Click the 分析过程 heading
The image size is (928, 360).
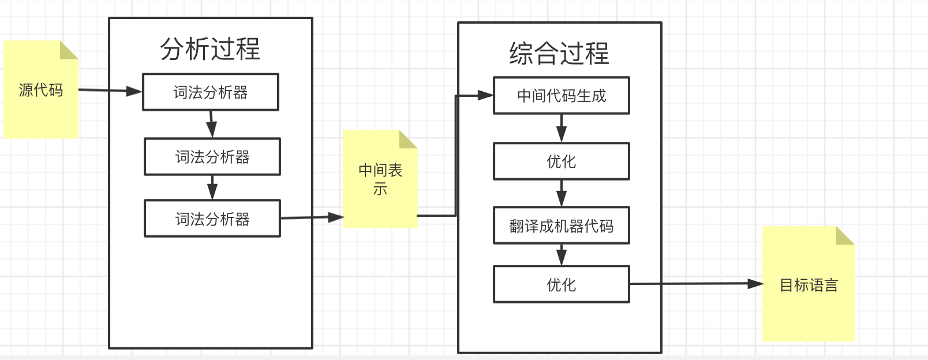point(210,49)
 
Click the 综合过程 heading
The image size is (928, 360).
point(559,53)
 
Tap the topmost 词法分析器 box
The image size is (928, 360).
point(211,92)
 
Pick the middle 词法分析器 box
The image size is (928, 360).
point(212,157)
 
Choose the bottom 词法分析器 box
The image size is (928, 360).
point(212,219)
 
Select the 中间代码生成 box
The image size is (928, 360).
point(561,96)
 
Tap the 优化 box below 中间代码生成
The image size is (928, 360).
point(561,162)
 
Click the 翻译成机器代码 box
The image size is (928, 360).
point(561,226)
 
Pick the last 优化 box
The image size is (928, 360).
point(561,284)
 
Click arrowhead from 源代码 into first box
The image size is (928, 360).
point(134,91)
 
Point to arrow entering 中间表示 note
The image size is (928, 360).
point(335,217)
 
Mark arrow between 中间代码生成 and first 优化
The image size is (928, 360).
point(562,129)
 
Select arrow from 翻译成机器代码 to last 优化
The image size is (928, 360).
point(562,255)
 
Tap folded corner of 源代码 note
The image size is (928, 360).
point(69,49)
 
